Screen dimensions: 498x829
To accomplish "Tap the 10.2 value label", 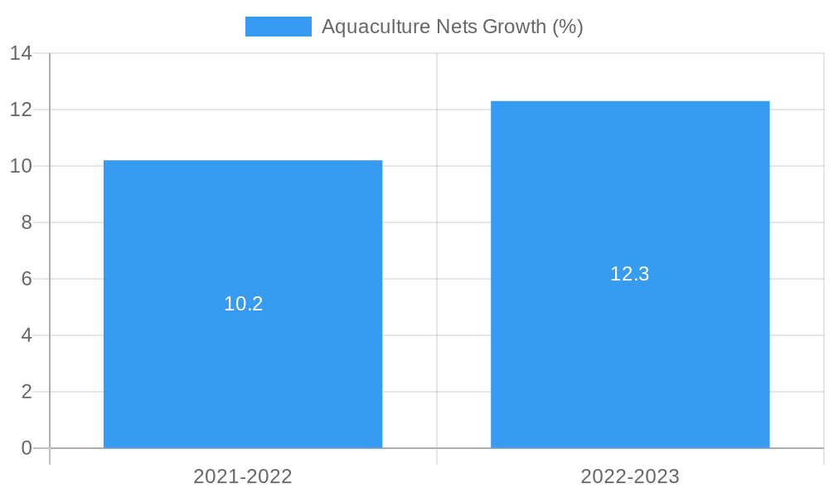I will tap(243, 304).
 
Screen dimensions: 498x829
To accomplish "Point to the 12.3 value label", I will tap(630, 274).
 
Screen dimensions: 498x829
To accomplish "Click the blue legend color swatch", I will tap(278, 27).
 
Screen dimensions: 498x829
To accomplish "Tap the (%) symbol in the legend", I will tap(568, 27).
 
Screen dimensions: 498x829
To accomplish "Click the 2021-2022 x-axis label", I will tap(243, 476).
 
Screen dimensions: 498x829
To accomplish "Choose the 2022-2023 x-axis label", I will tap(630, 476).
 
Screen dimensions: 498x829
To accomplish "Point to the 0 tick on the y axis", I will tap(27, 448).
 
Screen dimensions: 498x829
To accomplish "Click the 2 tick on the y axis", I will tap(27, 392).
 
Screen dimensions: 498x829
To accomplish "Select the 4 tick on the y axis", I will tap(27, 335).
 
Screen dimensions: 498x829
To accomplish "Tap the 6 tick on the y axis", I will tap(27, 279).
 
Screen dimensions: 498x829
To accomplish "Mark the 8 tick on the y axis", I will tap(27, 222).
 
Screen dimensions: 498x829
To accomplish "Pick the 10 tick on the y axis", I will tap(22, 166).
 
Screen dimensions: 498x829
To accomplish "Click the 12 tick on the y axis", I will tap(22, 110).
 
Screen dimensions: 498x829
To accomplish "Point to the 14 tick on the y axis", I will tap(22, 53).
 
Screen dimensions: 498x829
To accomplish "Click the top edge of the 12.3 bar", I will tap(630, 101).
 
